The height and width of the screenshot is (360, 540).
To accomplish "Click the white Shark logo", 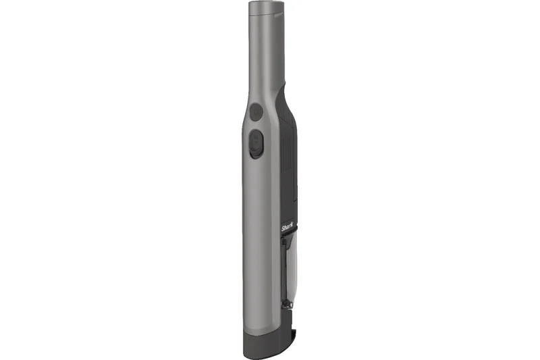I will pyautogui.click(x=288, y=229).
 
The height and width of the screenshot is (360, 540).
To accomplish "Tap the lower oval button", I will pyautogui.click(x=256, y=144).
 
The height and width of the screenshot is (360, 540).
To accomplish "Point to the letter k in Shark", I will pyautogui.click(x=294, y=228).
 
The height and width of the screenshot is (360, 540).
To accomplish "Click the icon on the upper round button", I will pyautogui.click(x=256, y=111).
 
